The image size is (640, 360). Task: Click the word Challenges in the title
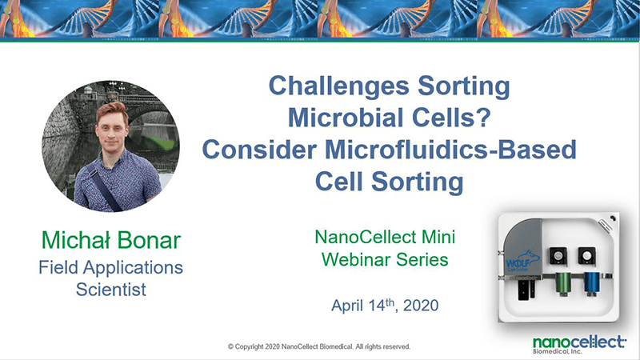point(338,86)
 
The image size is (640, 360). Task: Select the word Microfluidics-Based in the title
point(450,150)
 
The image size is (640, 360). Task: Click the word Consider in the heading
point(259,150)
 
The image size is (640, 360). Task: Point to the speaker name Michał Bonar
point(111,240)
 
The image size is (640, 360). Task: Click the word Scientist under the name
point(111,290)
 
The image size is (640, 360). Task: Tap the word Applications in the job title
point(133,268)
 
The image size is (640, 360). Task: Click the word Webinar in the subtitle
point(356,259)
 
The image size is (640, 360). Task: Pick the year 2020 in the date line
point(421,306)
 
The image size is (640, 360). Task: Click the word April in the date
point(347,306)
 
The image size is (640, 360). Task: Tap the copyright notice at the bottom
point(319,346)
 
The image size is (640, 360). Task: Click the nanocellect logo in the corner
point(579,345)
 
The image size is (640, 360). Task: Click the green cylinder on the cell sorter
point(564,283)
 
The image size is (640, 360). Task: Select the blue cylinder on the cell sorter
point(591,283)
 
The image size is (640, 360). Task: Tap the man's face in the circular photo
point(111,130)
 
